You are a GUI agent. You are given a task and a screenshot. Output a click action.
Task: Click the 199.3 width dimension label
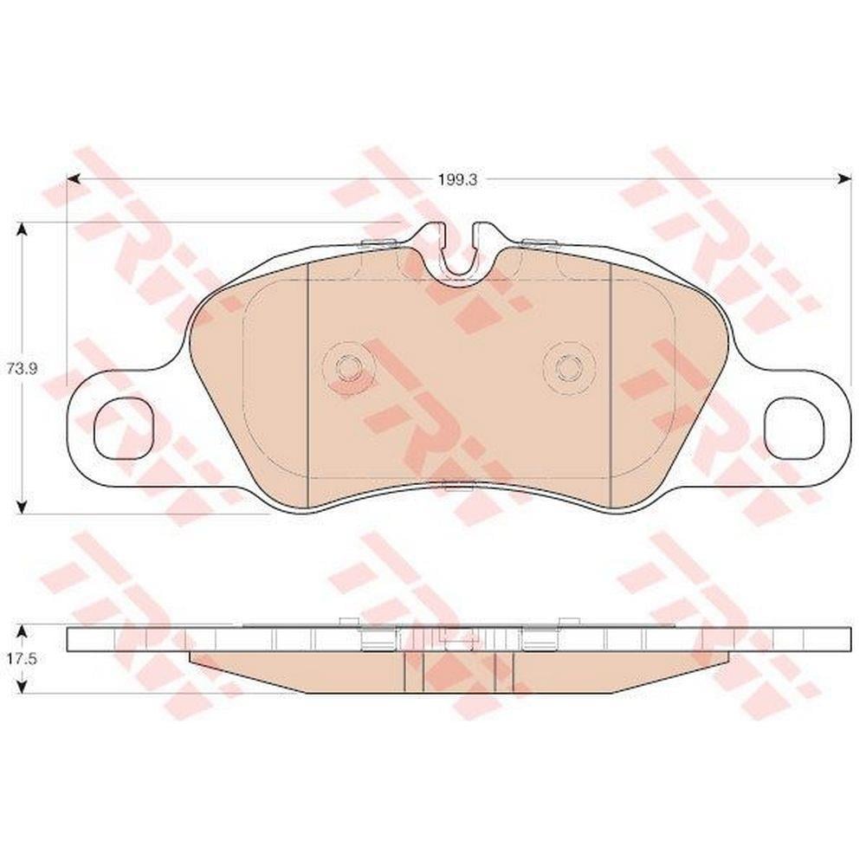[x=457, y=179]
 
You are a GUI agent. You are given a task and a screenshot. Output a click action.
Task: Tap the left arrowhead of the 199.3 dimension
[x=74, y=179]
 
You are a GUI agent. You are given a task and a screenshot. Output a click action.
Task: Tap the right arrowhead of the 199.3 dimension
[x=844, y=179]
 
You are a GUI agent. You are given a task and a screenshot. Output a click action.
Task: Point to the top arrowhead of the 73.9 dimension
[x=22, y=229]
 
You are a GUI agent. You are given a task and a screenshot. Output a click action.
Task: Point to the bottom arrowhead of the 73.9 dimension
[x=22, y=507]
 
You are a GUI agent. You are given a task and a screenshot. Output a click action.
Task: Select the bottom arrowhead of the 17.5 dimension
[x=22, y=687]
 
